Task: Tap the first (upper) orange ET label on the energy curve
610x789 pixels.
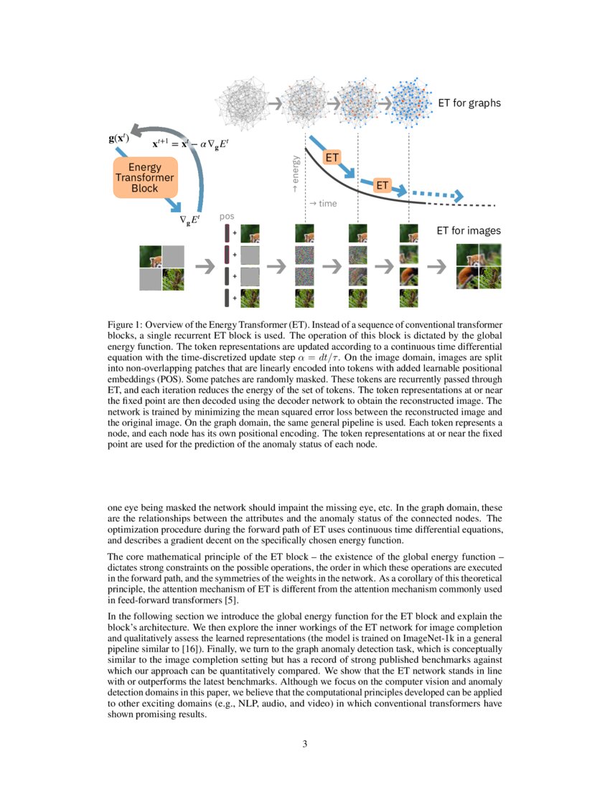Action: coord(332,157)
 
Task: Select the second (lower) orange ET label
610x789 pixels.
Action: coord(383,186)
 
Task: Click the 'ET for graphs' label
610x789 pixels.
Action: coord(469,103)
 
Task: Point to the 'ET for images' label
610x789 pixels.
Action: coord(469,231)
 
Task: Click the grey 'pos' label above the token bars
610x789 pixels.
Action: coord(227,216)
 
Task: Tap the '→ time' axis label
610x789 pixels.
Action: coord(322,204)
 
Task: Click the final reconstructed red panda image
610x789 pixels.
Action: coord(479,266)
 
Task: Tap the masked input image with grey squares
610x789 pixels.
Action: coord(161,268)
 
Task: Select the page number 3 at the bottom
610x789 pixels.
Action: coord(305,745)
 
